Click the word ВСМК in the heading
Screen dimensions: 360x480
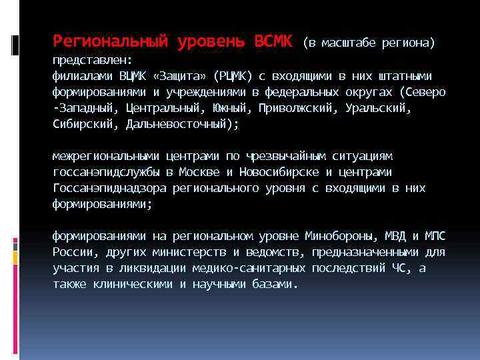coord(273,42)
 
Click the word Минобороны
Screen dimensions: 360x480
coord(342,237)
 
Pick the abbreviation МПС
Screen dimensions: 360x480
coord(436,237)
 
